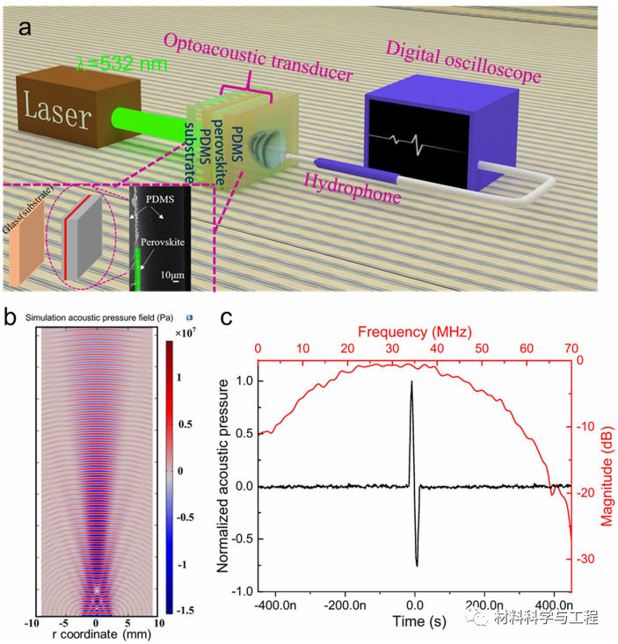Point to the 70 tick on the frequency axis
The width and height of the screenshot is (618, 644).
coord(571,349)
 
